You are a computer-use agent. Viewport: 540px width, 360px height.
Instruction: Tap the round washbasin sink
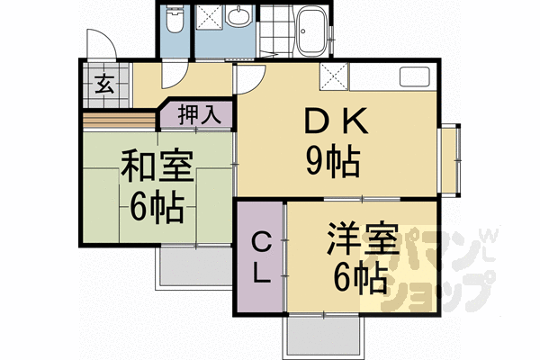(x=238, y=17)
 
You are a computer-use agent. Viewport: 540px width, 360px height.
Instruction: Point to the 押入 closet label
(x=196, y=115)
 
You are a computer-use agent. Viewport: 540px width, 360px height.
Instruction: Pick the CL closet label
(x=260, y=257)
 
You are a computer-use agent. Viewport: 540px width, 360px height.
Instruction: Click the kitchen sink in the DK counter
(x=416, y=78)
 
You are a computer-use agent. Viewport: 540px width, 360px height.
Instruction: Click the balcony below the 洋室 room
(x=325, y=337)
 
